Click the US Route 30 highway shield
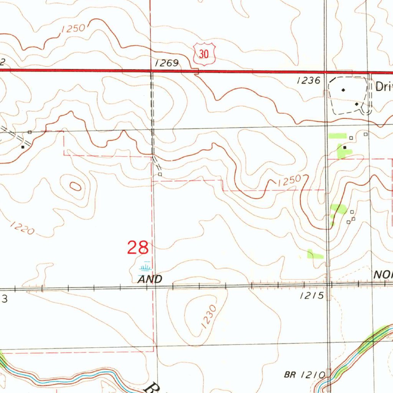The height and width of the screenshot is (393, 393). click(x=203, y=54)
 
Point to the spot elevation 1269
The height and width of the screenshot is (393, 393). click(x=167, y=63)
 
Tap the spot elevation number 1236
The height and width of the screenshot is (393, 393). click(x=309, y=80)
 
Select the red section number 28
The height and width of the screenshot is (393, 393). click(x=138, y=248)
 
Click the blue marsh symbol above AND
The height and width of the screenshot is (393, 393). click(x=145, y=267)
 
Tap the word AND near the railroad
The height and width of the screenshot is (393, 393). click(x=150, y=279)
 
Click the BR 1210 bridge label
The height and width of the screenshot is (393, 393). click(x=305, y=375)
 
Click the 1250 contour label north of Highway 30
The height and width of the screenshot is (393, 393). click(x=73, y=29)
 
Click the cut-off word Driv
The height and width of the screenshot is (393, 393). click(x=384, y=87)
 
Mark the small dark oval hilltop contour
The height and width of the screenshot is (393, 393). click(x=76, y=187)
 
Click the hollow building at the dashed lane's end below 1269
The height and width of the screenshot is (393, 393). click(x=160, y=174)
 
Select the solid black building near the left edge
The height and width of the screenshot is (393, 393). click(x=23, y=147)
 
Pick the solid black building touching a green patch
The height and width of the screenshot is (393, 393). click(x=345, y=147)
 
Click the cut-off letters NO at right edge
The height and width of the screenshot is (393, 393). click(x=383, y=274)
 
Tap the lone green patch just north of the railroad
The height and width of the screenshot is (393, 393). click(x=315, y=254)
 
